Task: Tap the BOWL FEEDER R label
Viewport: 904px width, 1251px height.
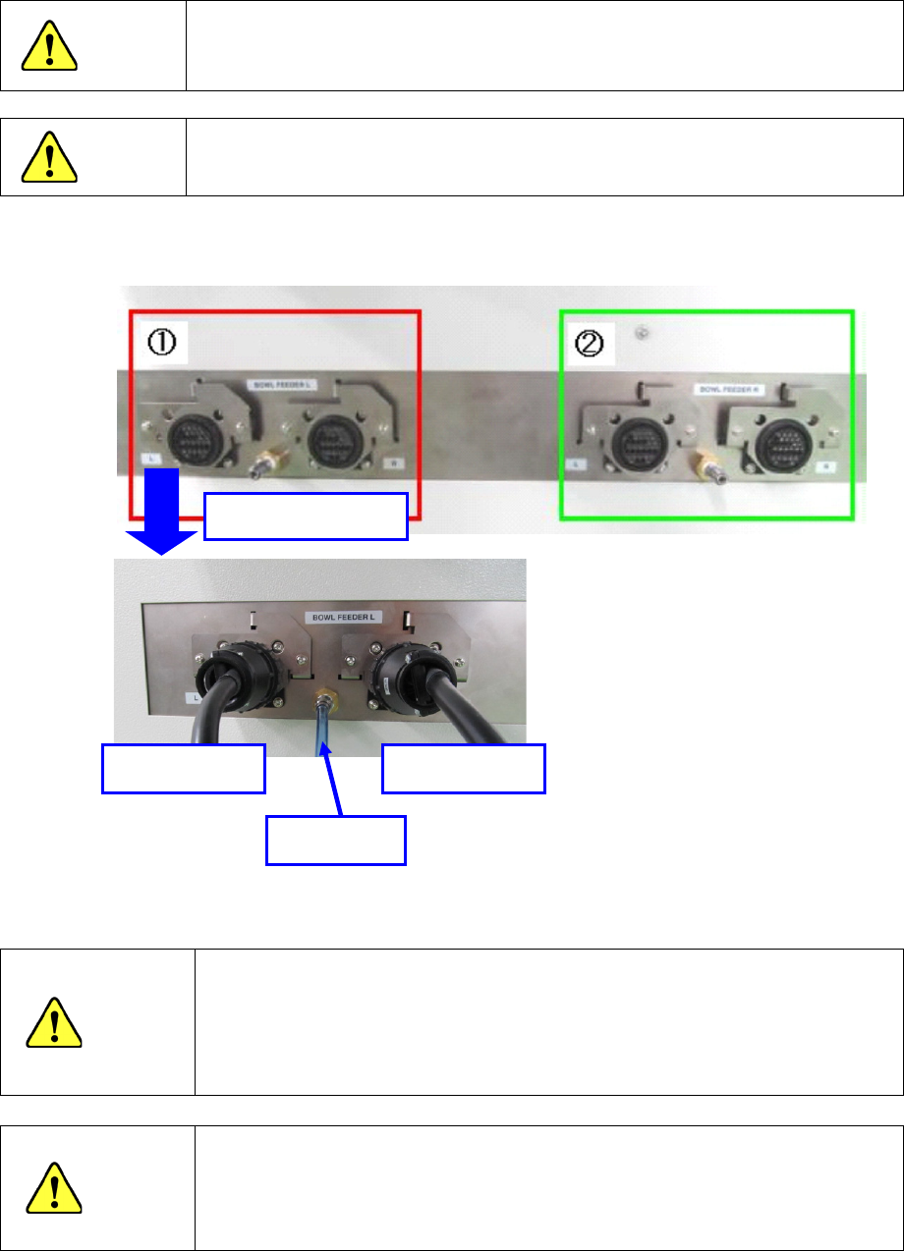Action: [x=723, y=390]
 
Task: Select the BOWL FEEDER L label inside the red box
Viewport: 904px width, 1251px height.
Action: [x=274, y=378]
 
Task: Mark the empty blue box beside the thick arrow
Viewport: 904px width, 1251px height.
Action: [x=306, y=517]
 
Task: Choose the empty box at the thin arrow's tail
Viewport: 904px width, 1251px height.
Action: [x=336, y=841]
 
